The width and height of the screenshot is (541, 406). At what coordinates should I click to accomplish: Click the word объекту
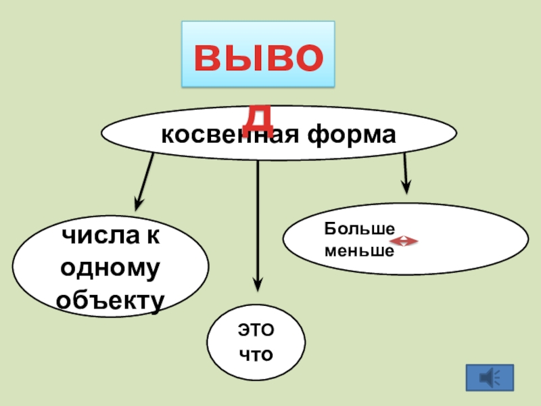(x=110, y=300)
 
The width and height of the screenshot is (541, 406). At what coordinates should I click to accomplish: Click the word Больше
(x=359, y=229)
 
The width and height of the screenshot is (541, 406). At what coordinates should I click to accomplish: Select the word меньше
(x=359, y=250)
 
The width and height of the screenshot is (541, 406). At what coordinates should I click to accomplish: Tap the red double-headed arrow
(x=404, y=241)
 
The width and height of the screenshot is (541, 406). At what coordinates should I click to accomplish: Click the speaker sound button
(x=490, y=378)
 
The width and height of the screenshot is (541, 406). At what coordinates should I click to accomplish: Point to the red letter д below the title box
(x=258, y=119)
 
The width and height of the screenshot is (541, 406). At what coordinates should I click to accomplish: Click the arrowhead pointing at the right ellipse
(x=406, y=186)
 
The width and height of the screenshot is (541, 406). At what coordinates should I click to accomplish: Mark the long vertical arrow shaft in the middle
(x=258, y=217)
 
